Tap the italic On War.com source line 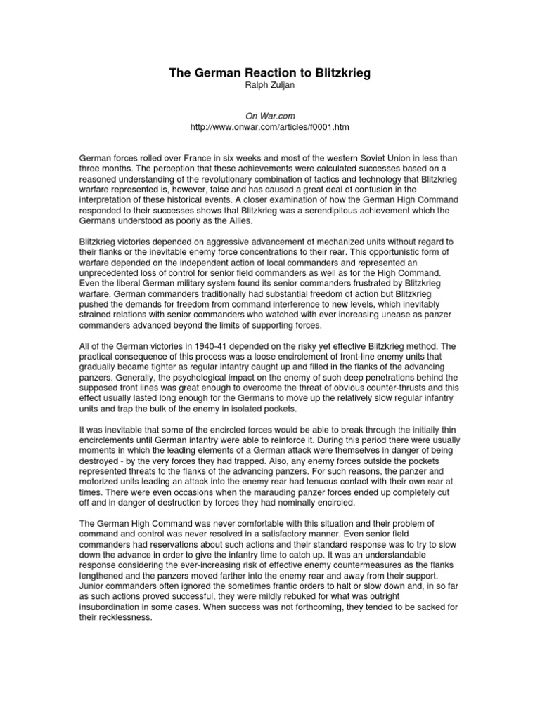point(270,117)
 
